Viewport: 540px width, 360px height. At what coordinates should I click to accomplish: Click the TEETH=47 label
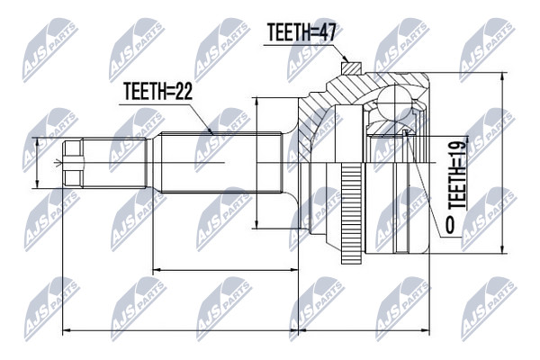click(301, 32)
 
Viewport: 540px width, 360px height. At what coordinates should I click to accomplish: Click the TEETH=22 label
click(157, 91)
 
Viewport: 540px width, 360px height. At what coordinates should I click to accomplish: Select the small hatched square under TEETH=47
click(349, 67)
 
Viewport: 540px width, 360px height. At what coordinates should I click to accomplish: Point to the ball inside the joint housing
click(395, 103)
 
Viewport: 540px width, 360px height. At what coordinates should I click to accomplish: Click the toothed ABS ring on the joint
click(351, 213)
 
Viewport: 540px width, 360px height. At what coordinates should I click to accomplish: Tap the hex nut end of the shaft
click(74, 163)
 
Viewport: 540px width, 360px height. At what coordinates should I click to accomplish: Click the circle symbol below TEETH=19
click(450, 225)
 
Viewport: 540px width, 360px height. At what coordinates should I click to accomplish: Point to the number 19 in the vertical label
click(457, 146)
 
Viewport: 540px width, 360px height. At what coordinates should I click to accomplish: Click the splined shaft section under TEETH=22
click(221, 163)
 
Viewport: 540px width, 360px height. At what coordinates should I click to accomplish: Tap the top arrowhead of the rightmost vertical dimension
click(503, 76)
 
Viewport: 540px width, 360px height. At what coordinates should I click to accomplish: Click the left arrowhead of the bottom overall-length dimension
click(67, 331)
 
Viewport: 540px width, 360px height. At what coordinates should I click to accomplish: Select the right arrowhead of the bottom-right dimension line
click(426, 331)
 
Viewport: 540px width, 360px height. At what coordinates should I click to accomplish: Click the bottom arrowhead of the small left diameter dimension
click(37, 184)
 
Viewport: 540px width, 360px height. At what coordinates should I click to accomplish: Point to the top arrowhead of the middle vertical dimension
click(256, 102)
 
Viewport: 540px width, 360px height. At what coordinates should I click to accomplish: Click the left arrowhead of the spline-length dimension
click(157, 270)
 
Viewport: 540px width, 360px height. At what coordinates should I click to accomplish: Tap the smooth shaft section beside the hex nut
click(114, 163)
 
